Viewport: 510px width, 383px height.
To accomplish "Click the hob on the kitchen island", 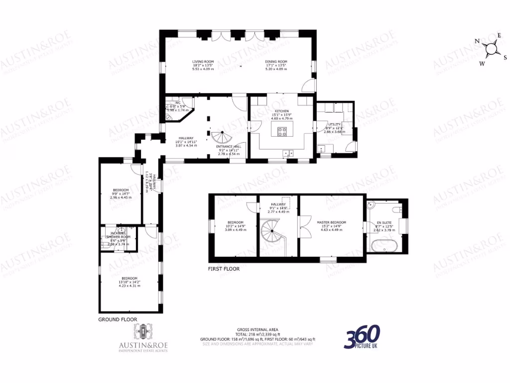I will pos(282,132).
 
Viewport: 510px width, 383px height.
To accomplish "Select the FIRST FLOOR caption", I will pos(224,269).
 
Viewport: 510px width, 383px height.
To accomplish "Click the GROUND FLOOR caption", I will pos(118,319).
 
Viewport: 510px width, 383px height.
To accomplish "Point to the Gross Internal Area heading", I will pos(257,330).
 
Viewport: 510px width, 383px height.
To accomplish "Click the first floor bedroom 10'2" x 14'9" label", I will pos(236,222).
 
